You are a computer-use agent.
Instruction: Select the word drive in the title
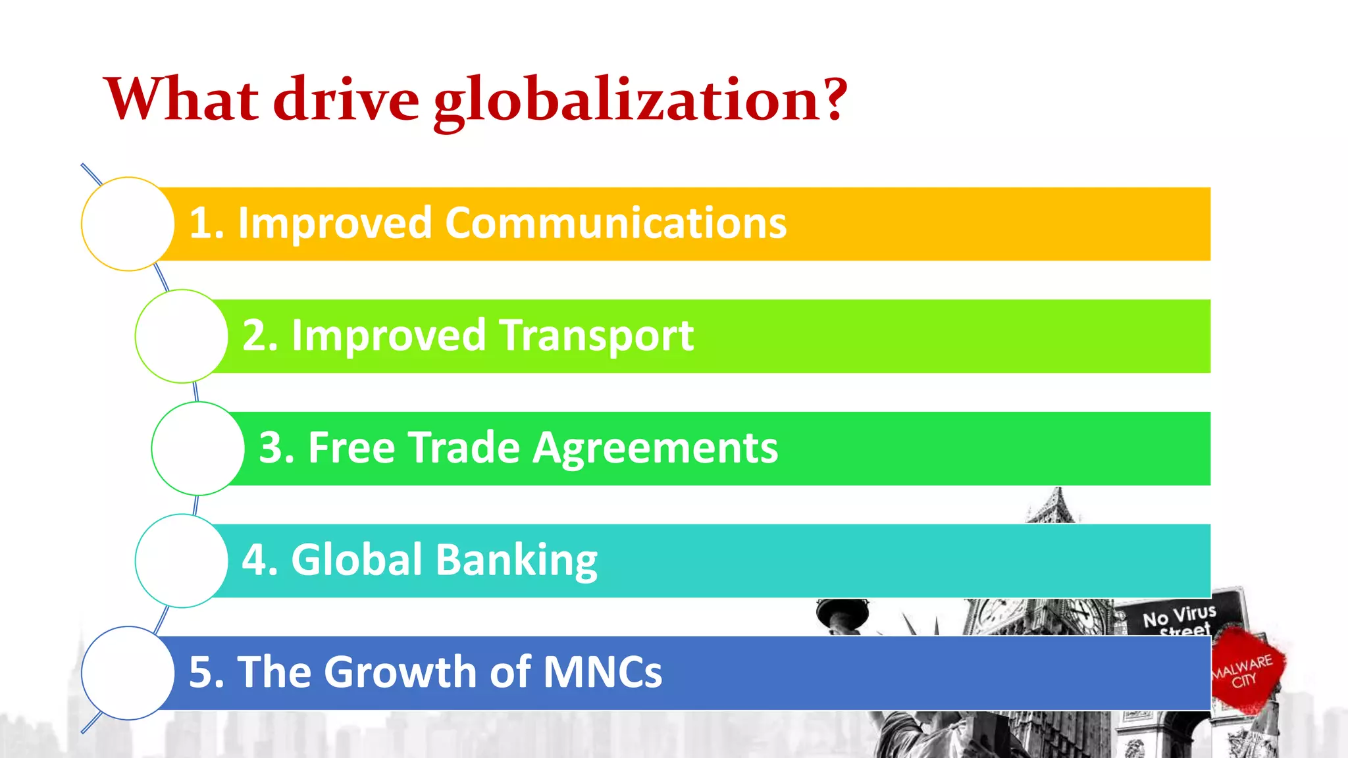point(346,100)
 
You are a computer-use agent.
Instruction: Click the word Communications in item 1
point(615,223)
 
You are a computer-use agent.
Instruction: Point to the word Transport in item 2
point(596,336)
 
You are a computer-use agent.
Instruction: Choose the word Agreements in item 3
point(655,449)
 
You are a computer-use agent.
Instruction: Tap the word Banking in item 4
point(516,561)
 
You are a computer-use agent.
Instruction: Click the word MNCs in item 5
point(602,672)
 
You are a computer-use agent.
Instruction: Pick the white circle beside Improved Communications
point(128,224)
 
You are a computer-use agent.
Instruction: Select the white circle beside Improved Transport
point(182,336)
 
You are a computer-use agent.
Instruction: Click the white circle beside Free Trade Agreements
point(197,449)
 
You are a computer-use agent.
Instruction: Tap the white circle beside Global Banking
point(182,561)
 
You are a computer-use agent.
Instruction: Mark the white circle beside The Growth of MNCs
point(128,673)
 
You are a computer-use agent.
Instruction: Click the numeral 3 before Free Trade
point(271,448)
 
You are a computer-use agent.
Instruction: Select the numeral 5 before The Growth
point(200,672)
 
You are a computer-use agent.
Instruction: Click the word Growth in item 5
point(402,672)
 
